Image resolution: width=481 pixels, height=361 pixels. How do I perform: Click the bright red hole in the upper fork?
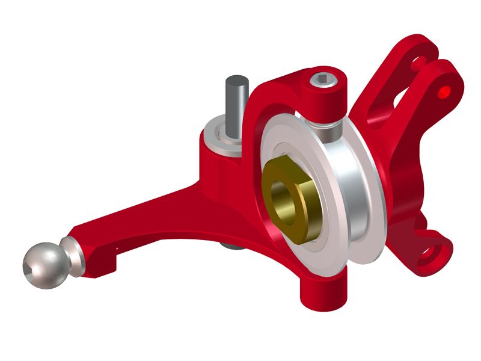[x=444, y=91]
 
